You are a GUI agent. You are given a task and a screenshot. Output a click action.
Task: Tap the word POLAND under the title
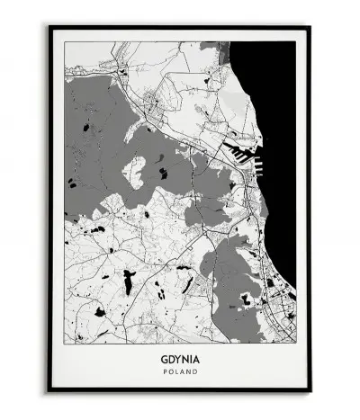180,370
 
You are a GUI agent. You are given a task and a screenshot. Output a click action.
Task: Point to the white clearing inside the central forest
136,170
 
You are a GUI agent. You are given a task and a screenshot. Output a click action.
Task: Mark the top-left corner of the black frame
50,27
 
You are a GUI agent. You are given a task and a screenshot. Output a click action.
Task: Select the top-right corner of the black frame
310,27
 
